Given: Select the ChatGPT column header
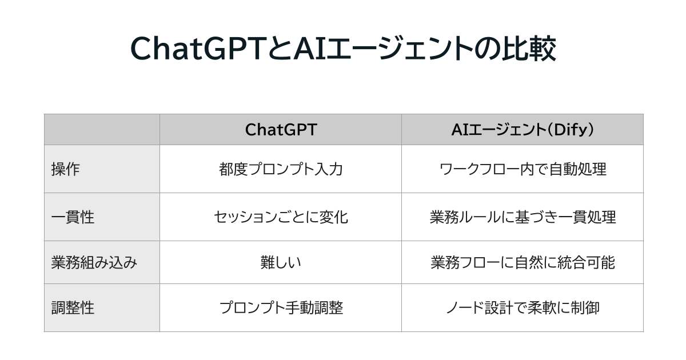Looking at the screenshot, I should tap(280, 130).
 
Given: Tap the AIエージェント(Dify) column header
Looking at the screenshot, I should tap(522, 130).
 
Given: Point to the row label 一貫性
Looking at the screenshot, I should tap(73, 217).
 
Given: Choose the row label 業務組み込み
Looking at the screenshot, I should tap(94, 262).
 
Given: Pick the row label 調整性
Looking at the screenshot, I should tap(73, 308).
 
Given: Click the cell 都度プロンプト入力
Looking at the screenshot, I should tap(280, 169).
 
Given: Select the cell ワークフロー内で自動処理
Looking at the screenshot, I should tap(522, 169).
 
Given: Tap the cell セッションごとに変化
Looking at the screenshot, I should tap(280, 217).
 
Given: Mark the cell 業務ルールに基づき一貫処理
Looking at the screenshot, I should tap(522, 217).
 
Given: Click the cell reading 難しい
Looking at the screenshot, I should tap(280, 262).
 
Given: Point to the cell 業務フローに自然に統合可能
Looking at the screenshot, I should tap(522, 262).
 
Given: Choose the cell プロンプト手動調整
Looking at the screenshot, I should tap(280, 308).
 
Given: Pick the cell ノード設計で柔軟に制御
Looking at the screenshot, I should tap(522, 308).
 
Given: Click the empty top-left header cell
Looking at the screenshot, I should tap(102, 130).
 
